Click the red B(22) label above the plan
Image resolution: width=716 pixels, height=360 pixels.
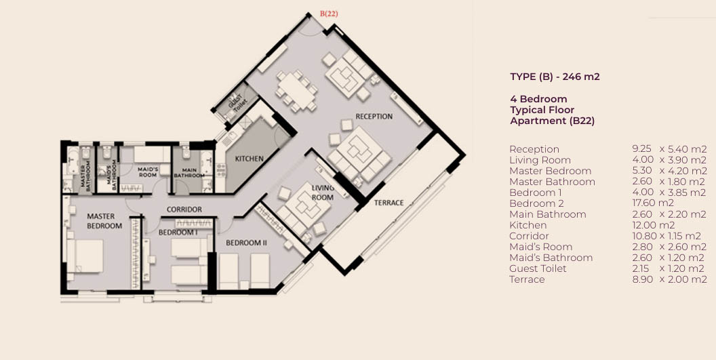(x=329, y=14)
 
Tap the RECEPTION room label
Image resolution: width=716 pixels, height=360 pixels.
(x=374, y=117)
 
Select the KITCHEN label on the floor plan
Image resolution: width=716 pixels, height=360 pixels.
(x=249, y=159)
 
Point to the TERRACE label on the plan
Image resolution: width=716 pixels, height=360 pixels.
(x=389, y=203)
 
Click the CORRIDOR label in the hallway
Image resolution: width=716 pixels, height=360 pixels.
(x=184, y=209)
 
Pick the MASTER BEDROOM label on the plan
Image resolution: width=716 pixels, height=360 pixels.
(x=104, y=220)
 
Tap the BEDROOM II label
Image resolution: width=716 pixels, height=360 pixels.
(x=246, y=243)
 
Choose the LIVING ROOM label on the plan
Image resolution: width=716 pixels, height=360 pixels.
(x=323, y=193)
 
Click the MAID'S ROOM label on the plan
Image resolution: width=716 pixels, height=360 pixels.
(x=148, y=172)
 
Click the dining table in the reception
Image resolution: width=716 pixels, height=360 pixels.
(x=296, y=91)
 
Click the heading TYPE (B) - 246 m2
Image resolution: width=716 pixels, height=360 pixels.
(x=555, y=77)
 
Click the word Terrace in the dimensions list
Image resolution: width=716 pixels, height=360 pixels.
(x=527, y=279)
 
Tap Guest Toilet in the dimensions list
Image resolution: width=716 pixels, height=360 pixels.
(x=538, y=268)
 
